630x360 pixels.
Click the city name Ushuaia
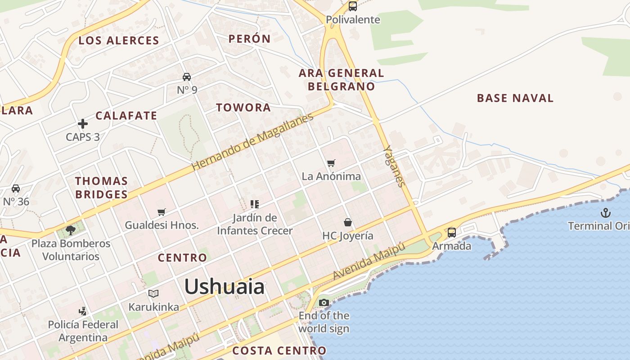[224, 287]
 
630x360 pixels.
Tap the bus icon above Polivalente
[353, 6]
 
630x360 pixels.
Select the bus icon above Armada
[451, 233]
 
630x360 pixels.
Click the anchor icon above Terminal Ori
[606, 212]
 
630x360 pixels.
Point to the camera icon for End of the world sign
[324, 302]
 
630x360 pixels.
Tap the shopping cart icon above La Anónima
[331, 163]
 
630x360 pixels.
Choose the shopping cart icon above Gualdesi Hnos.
[162, 212]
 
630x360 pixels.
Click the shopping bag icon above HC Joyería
[348, 222]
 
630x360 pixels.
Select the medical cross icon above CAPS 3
[83, 124]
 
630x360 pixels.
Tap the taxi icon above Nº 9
[187, 77]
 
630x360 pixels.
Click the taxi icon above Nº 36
[16, 189]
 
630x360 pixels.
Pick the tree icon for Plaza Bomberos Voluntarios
[70, 230]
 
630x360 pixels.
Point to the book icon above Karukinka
[153, 294]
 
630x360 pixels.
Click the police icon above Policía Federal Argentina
[83, 311]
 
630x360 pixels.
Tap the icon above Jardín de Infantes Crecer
[255, 204]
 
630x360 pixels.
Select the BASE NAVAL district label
[515, 98]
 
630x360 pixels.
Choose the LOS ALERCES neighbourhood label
[119, 40]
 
